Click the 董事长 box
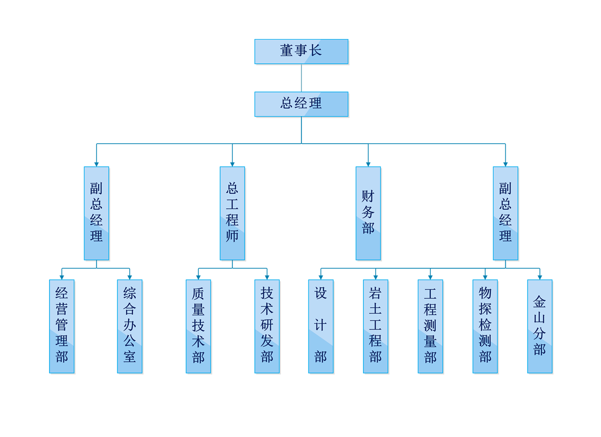tap(302, 51)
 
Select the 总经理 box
tap(302, 104)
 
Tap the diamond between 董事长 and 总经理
tap(302, 78)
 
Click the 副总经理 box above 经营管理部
tap(96, 213)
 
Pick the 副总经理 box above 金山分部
tap(505, 213)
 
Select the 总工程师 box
tap(232, 213)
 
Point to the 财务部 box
tap(368, 213)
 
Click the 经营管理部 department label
tap(62, 325)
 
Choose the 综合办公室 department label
tap(130, 325)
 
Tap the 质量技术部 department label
tap(198, 325)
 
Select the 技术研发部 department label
tap(267, 325)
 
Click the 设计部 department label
tap(321, 325)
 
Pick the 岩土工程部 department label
tap(376, 325)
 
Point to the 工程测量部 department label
tap(430, 325)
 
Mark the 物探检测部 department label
tap(485, 325)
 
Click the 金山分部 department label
tap(539, 325)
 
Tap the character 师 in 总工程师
tap(232, 236)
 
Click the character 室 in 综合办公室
tap(130, 356)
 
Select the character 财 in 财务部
tap(368, 196)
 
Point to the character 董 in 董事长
tap(286, 51)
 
